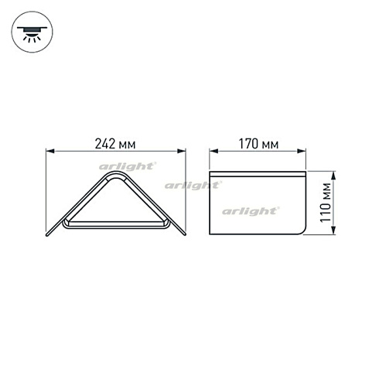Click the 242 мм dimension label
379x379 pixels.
click(117, 143)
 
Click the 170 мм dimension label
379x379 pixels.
click(258, 143)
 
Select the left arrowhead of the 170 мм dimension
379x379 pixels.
click(214, 152)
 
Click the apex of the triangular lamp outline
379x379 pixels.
click(117, 175)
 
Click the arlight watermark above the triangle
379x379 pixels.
click(128, 166)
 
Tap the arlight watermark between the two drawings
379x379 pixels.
click(192, 185)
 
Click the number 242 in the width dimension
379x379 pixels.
click(108, 143)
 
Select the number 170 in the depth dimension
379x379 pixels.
click(249, 143)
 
